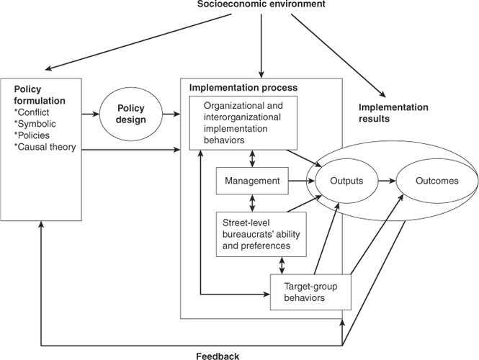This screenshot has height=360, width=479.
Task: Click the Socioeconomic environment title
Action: pyautogui.click(x=261, y=6)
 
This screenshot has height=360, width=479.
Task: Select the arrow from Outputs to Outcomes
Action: pyautogui.click(x=380, y=181)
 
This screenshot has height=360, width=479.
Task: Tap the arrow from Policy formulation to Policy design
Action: pyautogui.click(x=92, y=113)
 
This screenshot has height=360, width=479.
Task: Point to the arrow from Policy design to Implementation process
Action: pyautogui.click(x=171, y=113)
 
